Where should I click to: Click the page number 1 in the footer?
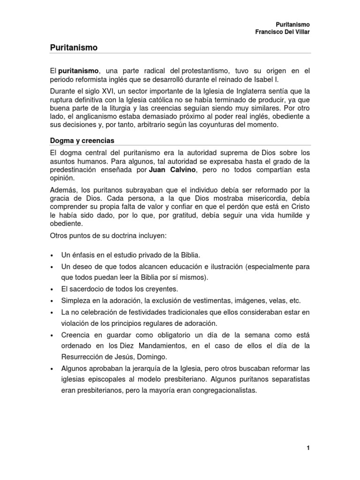pyautogui.click(x=308, y=448)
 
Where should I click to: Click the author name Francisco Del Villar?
pyautogui.click(x=283, y=32)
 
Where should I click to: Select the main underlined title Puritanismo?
pyautogui.click(x=74, y=47)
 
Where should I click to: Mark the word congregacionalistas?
pyautogui.click(x=219, y=390)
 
